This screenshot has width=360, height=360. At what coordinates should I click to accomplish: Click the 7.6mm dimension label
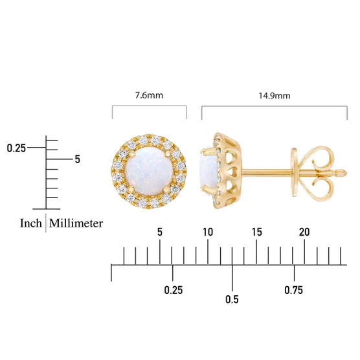(x=149, y=95)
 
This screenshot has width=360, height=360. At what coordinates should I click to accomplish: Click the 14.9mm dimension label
(x=275, y=95)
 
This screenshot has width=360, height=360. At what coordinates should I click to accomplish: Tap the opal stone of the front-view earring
(x=149, y=172)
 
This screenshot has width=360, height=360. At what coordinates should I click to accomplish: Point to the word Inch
(x=30, y=223)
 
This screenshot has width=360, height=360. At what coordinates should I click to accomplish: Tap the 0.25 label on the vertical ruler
(x=16, y=148)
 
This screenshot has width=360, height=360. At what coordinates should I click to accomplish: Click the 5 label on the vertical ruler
(x=77, y=159)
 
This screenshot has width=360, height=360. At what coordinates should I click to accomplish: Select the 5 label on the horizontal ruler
(x=160, y=232)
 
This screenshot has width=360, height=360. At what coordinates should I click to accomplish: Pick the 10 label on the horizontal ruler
(x=208, y=232)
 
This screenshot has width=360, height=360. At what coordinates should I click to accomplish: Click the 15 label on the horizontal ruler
(x=256, y=232)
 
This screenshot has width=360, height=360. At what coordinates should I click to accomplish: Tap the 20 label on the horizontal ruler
(x=304, y=232)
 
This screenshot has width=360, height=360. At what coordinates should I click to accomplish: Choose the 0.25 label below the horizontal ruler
(x=173, y=290)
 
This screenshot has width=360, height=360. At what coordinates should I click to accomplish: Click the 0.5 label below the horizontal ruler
(x=232, y=299)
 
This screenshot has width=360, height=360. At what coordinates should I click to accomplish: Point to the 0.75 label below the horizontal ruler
(x=293, y=290)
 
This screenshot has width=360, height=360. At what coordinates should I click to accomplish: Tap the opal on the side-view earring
(x=206, y=172)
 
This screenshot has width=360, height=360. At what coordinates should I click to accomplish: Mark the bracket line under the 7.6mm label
(x=149, y=107)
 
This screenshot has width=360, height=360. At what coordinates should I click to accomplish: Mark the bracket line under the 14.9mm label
(x=275, y=107)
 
